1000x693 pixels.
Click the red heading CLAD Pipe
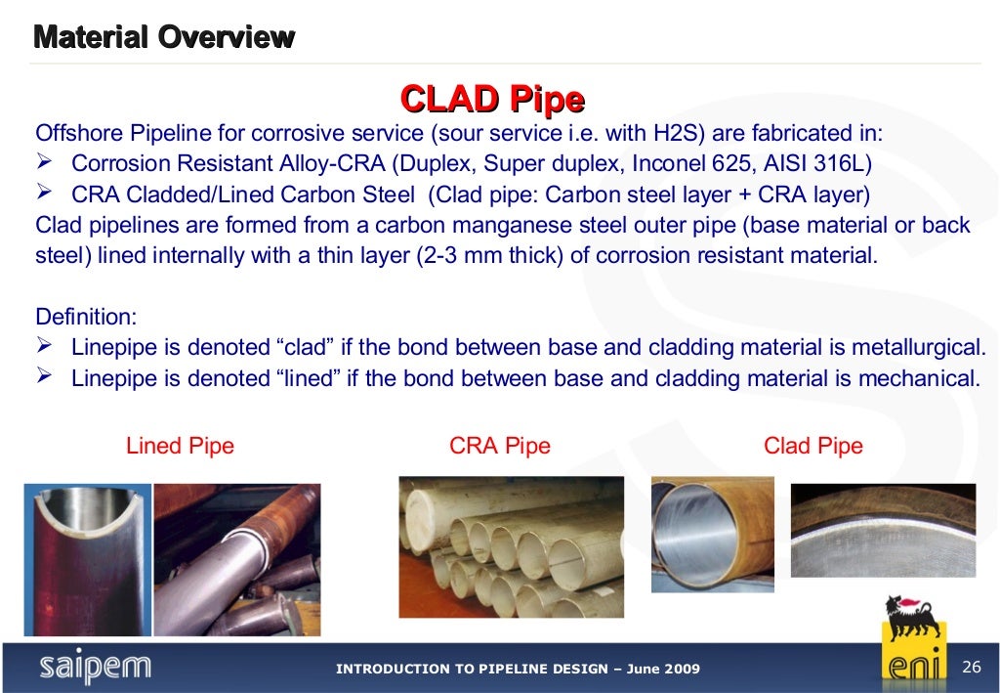(492, 99)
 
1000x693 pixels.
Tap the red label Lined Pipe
(180, 447)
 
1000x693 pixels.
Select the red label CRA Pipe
(499, 447)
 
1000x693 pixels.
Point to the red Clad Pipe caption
(812, 447)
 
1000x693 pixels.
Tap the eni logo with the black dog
(914, 640)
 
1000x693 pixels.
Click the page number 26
(971, 667)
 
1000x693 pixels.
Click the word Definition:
(86, 317)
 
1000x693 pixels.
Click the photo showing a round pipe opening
(712, 535)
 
